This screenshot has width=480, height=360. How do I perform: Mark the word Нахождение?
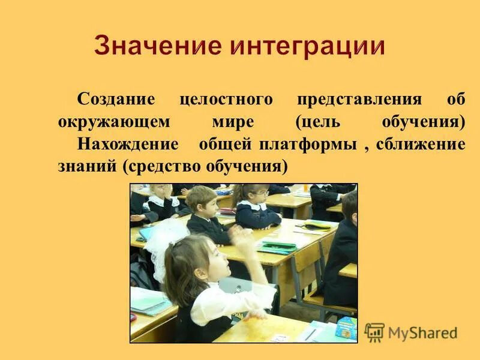128,144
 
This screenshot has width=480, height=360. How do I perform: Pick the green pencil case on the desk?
277,246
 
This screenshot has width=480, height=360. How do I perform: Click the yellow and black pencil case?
316,226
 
